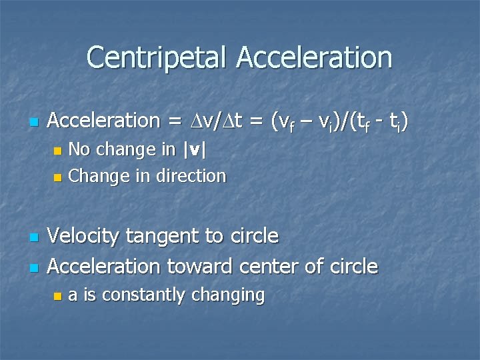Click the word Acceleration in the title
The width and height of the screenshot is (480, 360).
click(313, 57)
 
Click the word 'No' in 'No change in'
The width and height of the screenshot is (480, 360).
click(80, 149)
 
